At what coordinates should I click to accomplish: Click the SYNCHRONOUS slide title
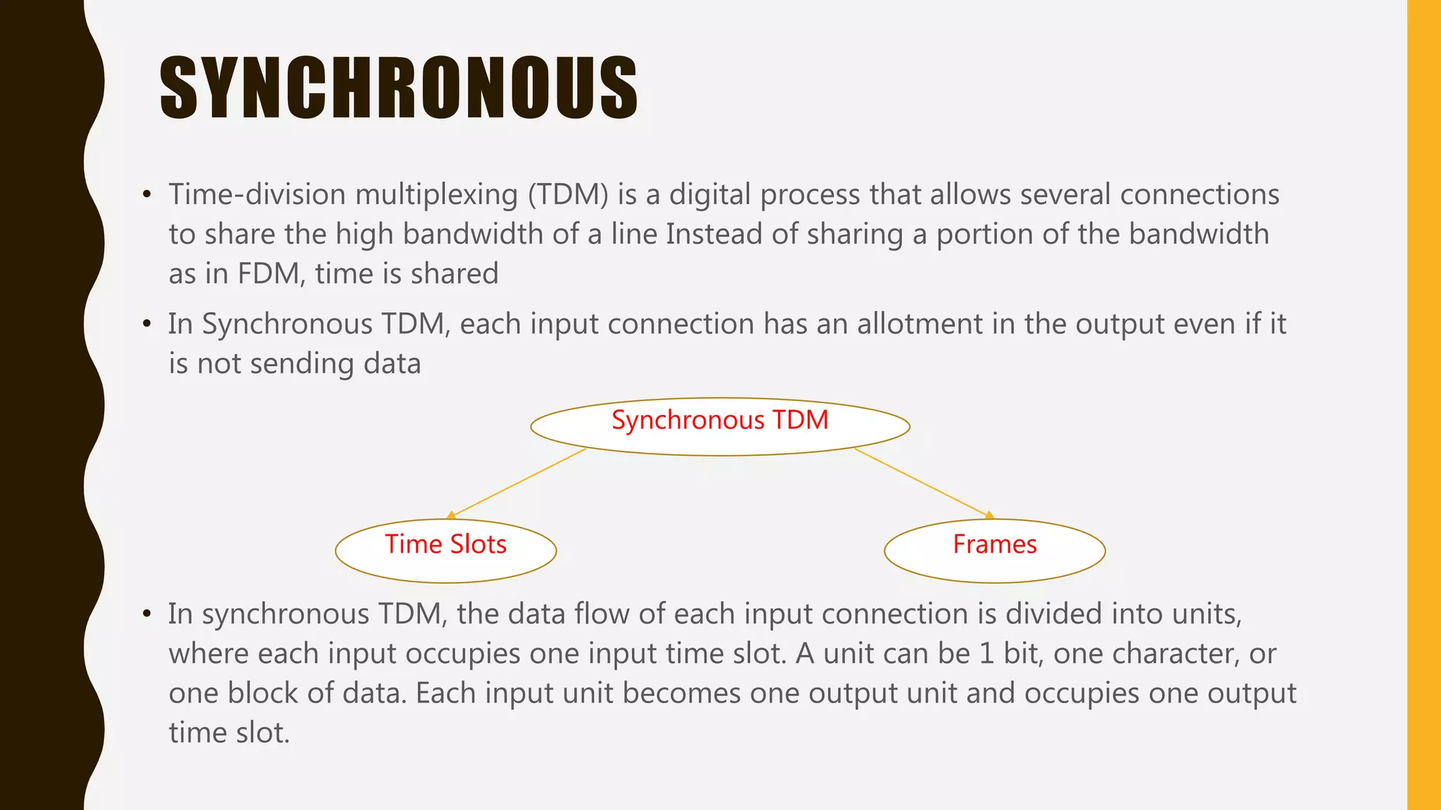pyautogui.click(x=398, y=88)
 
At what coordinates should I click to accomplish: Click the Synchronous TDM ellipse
pyautogui.click(x=720, y=426)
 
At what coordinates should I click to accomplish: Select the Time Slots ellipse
pyautogui.click(x=445, y=551)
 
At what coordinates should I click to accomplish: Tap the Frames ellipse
pyautogui.click(x=994, y=551)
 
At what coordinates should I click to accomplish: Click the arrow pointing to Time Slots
pyautogui.click(x=518, y=483)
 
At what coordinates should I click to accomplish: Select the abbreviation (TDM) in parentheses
pyautogui.click(x=568, y=195)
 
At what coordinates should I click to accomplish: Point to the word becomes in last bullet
pyautogui.click(x=681, y=694)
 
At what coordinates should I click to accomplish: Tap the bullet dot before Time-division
pyautogui.click(x=146, y=195)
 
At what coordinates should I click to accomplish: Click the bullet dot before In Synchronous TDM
pyautogui.click(x=146, y=325)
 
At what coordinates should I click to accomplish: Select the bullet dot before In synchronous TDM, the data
pyautogui.click(x=146, y=615)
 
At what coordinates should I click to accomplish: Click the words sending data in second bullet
pyautogui.click(x=335, y=364)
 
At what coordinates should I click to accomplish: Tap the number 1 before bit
pyautogui.click(x=986, y=654)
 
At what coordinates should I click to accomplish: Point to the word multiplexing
pyautogui.click(x=436, y=195)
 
